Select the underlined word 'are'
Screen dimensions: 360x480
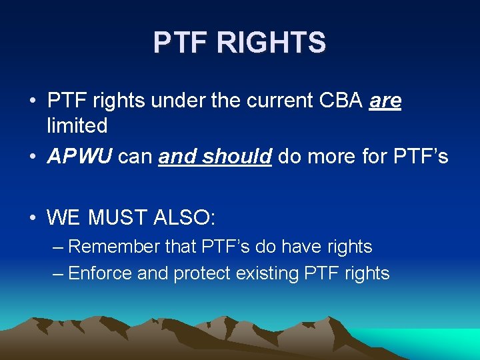pyautogui.click(x=385, y=101)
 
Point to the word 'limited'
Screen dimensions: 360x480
pyautogui.click(x=77, y=125)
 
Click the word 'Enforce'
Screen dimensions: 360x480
pyautogui.click(x=100, y=273)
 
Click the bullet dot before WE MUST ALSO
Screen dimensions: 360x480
pyautogui.click(x=33, y=217)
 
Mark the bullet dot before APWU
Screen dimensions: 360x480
pyautogui.click(x=33, y=157)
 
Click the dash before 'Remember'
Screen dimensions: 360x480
pyautogui.click(x=58, y=247)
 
